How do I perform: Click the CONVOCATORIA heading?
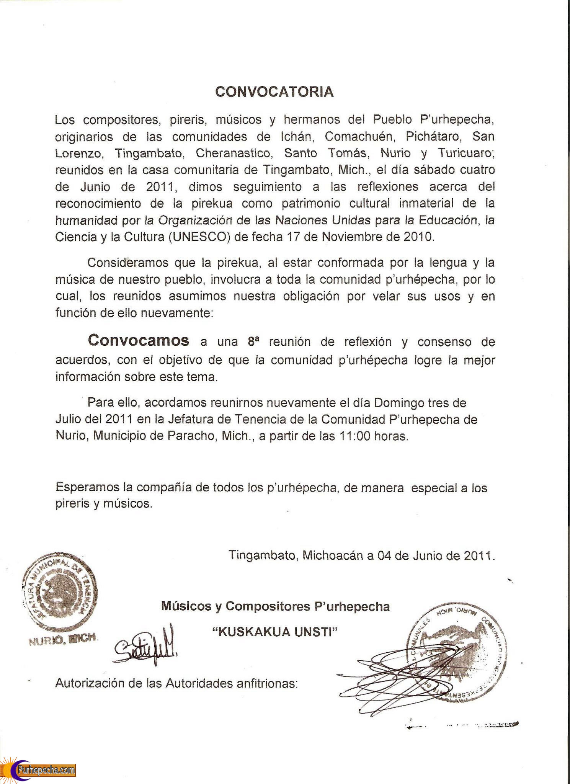tap(274, 92)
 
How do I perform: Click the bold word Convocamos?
tap(138, 340)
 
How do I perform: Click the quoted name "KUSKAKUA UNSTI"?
tap(275, 632)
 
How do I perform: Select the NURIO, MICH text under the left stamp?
tap(63, 639)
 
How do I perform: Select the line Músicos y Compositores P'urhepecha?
tap(275, 606)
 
